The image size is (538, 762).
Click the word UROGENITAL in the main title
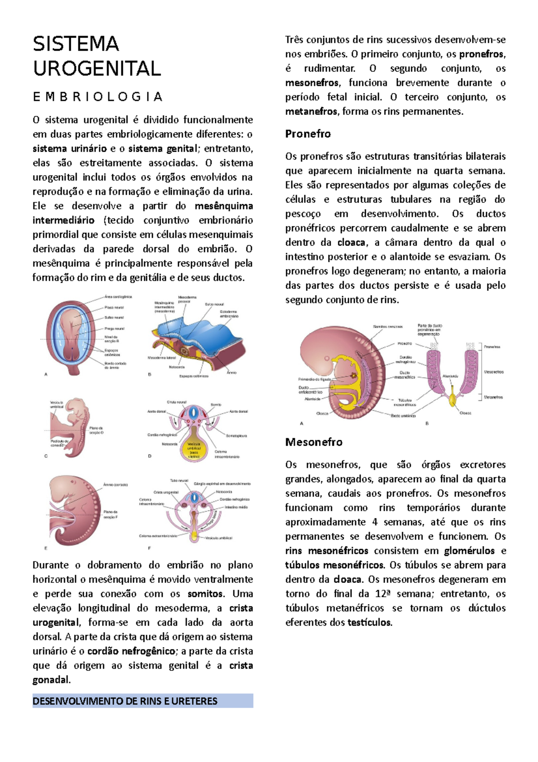[97, 69]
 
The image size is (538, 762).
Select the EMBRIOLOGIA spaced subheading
[97, 97]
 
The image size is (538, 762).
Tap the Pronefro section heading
[308, 134]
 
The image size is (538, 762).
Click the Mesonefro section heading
[313, 442]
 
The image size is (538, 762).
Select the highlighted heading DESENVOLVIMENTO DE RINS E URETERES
[125, 701]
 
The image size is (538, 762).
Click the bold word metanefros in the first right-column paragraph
[311, 111]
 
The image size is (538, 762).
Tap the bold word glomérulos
[469, 551]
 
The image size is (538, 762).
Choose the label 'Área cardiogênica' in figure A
[118, 297]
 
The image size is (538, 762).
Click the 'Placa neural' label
[114, 307]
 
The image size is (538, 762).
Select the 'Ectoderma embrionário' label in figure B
[229, 314]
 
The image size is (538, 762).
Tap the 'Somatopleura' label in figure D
[236, 436]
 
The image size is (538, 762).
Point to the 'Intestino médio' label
[238, 508]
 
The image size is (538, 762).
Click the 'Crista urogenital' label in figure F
[166, 492]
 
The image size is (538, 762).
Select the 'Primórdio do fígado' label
[314, 379]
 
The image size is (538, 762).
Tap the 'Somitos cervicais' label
[388, 327]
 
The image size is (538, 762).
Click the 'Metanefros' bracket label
[493, 397]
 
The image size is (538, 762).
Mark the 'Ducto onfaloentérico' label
[310, 390]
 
